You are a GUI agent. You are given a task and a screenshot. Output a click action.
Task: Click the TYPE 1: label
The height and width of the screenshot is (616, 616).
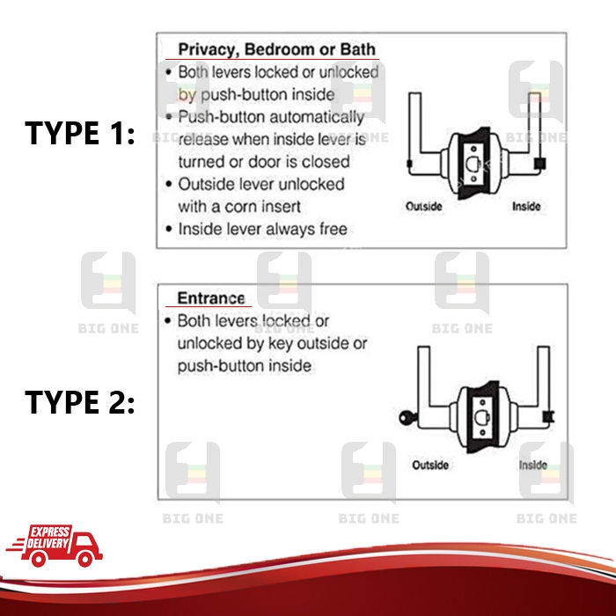(x=80, y=134)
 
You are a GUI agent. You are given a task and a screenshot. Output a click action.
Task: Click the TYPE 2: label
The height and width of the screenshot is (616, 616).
(x=80, y=402)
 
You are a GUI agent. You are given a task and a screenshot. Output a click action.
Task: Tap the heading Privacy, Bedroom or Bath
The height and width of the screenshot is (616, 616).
(x=276, y=49)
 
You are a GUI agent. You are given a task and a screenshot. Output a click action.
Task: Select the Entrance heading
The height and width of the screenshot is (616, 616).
(x=210, y=297)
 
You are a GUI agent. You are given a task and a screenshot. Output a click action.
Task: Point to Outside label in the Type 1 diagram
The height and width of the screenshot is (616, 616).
(x=423, y=207)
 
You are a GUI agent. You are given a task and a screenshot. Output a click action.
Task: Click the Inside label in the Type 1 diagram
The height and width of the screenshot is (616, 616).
(x=526, y=207)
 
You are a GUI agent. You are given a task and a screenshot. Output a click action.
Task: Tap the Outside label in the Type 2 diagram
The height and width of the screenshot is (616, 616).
(x=430, y=465)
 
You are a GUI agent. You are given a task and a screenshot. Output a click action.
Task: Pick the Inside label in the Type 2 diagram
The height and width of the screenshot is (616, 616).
(x=532, y=465)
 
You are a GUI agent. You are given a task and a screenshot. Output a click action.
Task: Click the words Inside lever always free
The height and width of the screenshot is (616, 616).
(x=262, y=230)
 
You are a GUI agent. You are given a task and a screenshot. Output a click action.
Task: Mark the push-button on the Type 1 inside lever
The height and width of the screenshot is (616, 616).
(x=539, y=164)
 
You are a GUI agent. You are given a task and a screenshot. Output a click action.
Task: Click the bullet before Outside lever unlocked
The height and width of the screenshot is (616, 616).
(x=168, y=185)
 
